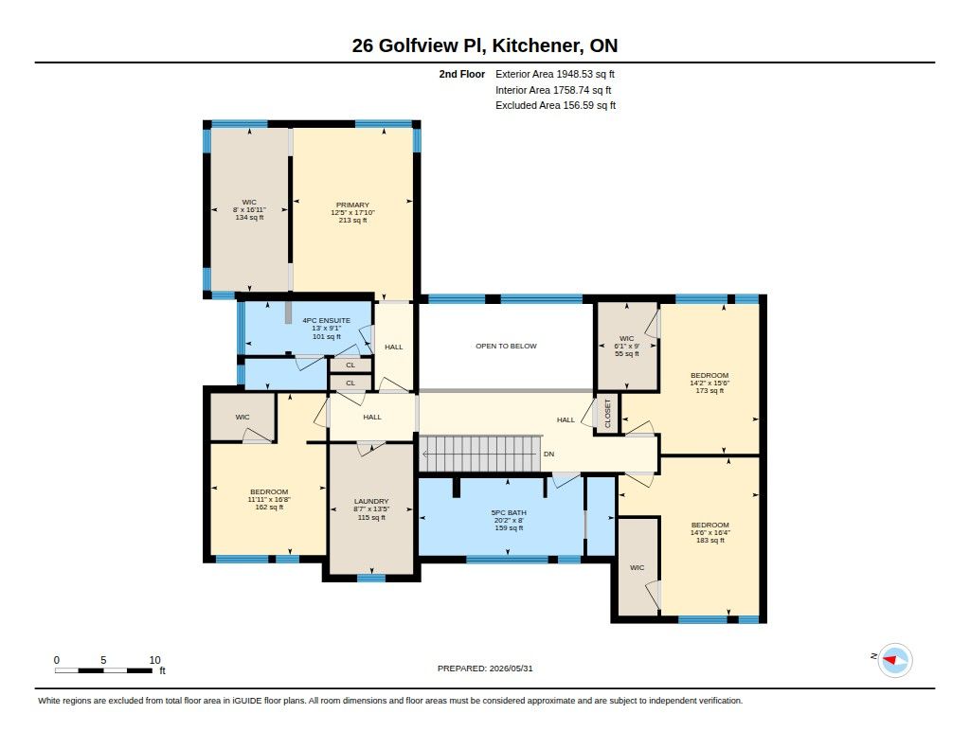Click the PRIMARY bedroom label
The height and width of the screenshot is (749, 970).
tap(352, 205)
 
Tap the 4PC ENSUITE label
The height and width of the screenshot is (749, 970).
tap(326, 320)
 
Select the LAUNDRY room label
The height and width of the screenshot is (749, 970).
tap(371, 501)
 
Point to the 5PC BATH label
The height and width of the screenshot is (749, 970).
tap(509, 512)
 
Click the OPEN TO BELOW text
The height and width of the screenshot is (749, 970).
tap(506, 346)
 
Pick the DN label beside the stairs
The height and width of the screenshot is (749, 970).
tap(548, 454)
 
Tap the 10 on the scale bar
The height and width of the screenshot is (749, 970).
tap(154, 660)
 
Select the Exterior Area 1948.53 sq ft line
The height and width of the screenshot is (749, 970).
tap(555, 74)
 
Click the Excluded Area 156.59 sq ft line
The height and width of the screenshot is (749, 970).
tap(555, 105)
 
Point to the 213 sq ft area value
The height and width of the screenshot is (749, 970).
tap(352, 221)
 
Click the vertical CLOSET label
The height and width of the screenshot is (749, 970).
tap(607, 413)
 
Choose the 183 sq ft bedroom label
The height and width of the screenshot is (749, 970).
tap(710, 541)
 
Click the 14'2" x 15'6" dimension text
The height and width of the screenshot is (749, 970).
tap(710, 383)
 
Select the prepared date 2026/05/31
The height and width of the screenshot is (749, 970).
tap(511, 669)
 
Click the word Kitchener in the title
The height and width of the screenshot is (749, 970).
tap(536, 45)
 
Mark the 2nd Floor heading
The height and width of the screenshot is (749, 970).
tap(462, 74)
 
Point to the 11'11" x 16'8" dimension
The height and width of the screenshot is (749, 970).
tap(269, 500)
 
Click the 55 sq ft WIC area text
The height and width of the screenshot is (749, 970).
tap(627, 354)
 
